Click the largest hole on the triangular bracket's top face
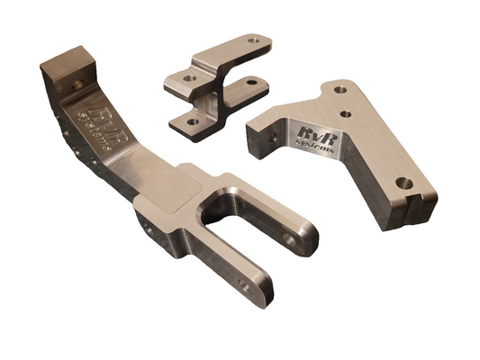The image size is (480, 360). click(404, 183)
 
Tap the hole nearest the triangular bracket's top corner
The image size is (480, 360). click(340, 89)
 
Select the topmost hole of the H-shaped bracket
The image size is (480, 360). click(254, 40)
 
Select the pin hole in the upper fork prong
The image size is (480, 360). click(290, 239)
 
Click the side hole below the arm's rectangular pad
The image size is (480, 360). click(149, 229)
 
